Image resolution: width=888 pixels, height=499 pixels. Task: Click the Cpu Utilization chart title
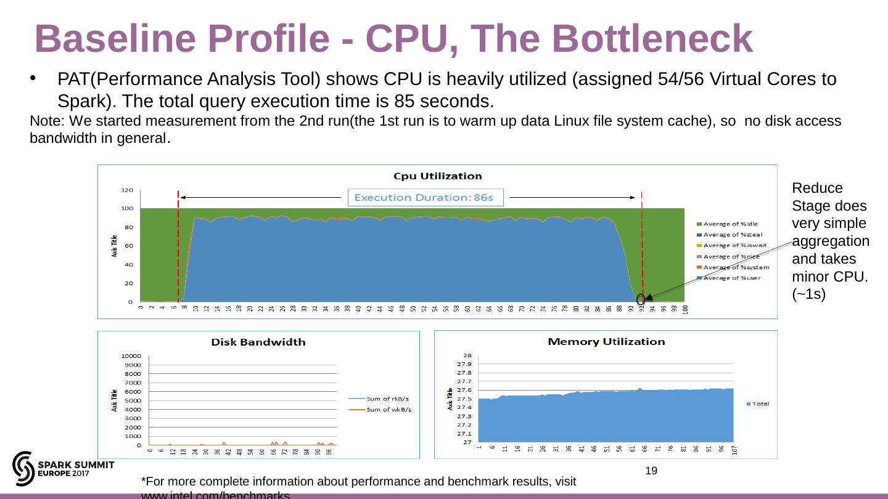[437, 176]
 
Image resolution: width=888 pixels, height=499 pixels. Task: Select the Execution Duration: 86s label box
[425, 197]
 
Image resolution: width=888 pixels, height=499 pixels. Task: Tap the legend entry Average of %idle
[731, 224]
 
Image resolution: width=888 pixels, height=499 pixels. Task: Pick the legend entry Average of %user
[732, 278]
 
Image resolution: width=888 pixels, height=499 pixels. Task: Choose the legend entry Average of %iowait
[734, 245]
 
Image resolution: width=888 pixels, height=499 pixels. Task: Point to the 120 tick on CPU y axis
[126, 190]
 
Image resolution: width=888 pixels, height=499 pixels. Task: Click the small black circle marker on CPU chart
[641, 299]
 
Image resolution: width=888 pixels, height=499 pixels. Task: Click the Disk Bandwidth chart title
[258, 342]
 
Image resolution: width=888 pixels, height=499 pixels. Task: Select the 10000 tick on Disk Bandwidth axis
[131, 356]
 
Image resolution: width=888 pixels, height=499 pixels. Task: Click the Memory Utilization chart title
[606, 341]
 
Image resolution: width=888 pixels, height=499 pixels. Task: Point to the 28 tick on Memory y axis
[467, 355]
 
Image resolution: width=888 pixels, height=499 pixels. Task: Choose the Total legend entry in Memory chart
[760, 404]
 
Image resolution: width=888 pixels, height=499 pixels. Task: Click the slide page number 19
[651, 471]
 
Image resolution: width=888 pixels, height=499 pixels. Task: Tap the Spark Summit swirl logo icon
[23, 468]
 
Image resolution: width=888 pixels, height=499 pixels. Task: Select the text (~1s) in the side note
[808, 294]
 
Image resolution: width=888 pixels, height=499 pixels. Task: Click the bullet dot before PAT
[35, 79]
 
